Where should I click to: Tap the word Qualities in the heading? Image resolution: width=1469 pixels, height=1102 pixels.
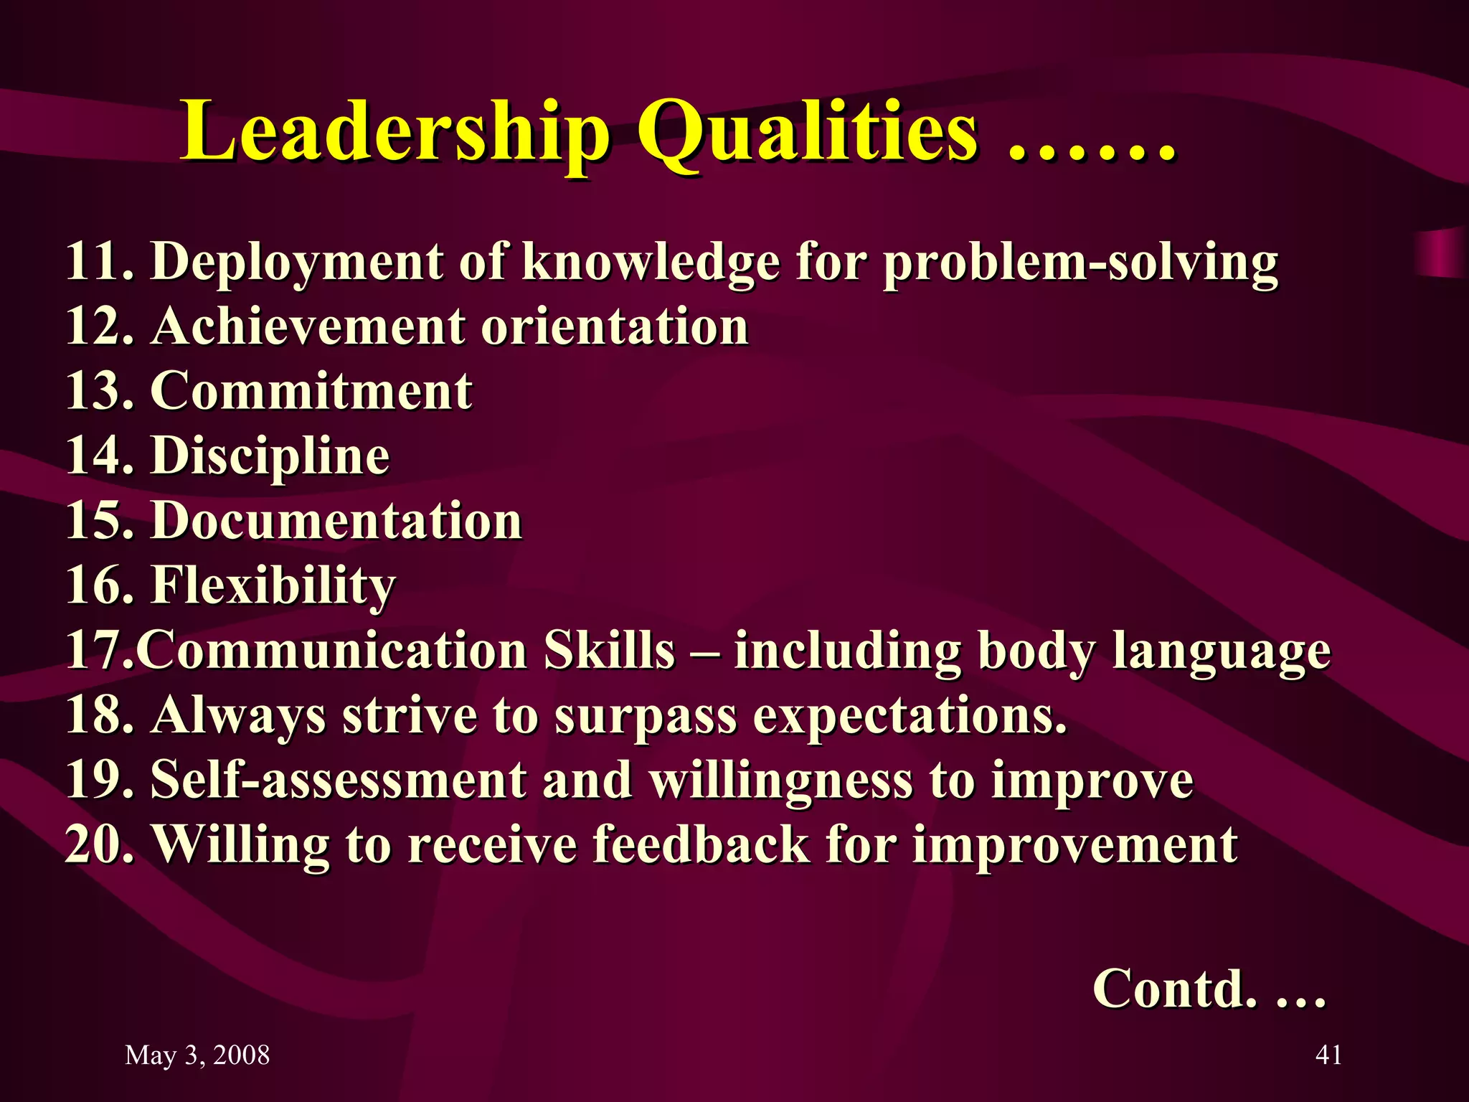pyautogui.click(x=808, y=133)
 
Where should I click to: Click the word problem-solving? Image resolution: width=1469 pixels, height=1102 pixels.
pyautogui.click(x=1080, y=262)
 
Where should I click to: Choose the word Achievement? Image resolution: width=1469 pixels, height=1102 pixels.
pyautogui.click(x=308, y=326)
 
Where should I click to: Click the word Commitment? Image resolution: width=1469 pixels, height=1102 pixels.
pyautogui.click(x=311, y=391)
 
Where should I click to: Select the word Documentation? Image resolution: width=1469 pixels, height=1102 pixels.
pyautogui.click(x=336, y=520)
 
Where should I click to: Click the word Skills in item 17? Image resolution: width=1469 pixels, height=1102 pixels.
pyautogui.click(x=610, y=650)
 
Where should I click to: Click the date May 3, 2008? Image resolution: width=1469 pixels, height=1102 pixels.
pyautogui.click(x=197, y=1055)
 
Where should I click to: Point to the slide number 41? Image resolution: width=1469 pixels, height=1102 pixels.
pyautogui.click(x=1328, y=1055)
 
